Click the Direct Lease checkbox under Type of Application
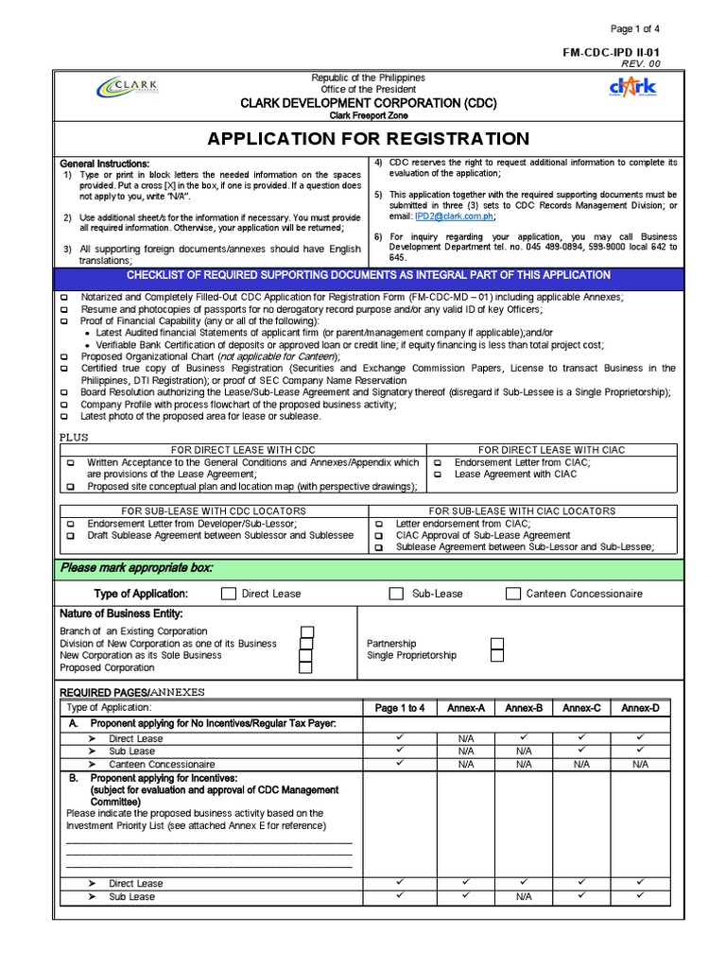228,594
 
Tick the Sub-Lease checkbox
396,594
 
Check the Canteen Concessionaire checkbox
512,594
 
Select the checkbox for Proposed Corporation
306,667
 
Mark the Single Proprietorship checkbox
497,656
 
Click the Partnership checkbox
497,644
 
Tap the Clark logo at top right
632,90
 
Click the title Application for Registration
369,139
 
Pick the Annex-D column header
640,708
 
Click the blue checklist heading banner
369,275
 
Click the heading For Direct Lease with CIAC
551,450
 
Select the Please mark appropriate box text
137,568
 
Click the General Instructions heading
105,164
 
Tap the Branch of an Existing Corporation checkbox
306,631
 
